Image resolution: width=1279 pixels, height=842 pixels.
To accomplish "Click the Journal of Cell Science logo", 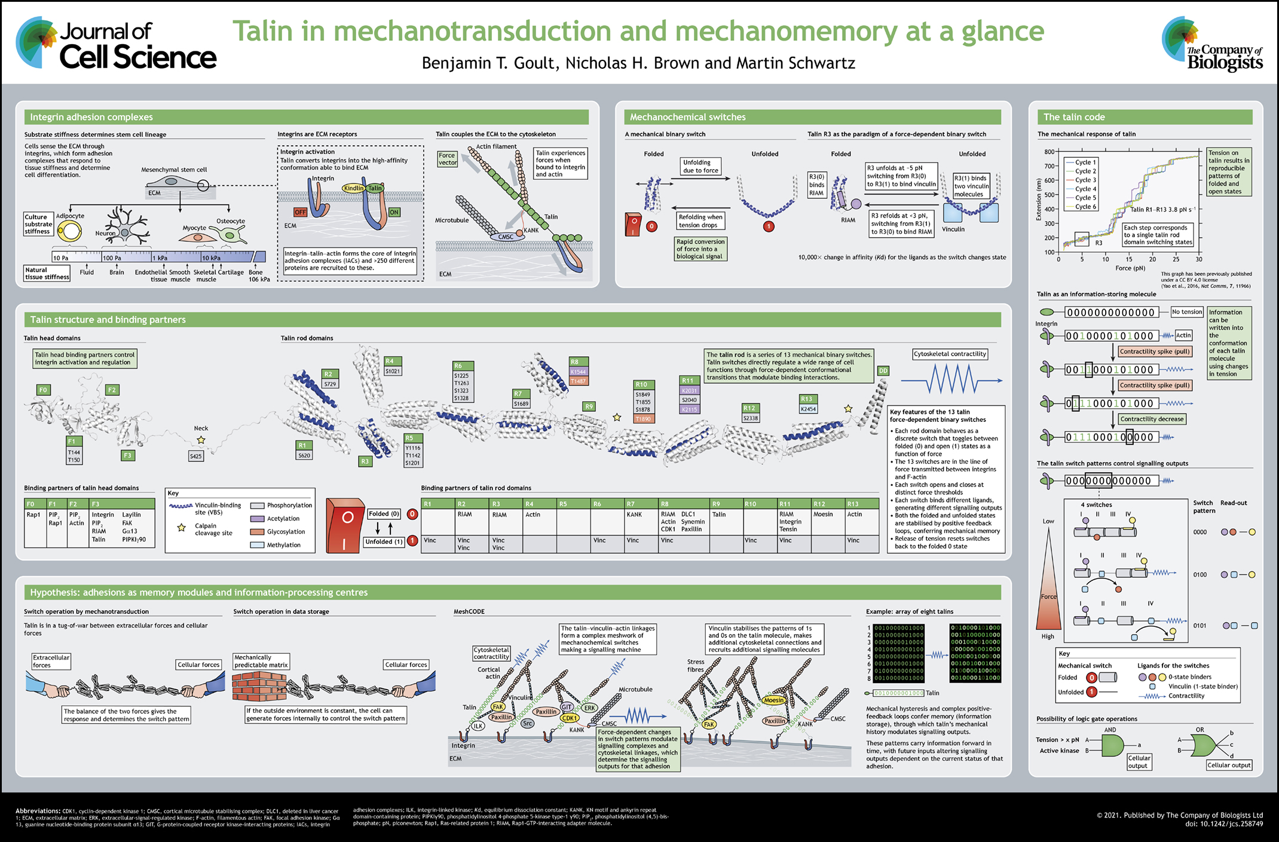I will pos(116,44).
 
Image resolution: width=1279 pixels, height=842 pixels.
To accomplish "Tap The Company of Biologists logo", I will pos(1213,44).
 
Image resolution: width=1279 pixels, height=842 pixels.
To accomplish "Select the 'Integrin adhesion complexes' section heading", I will pos(91,117).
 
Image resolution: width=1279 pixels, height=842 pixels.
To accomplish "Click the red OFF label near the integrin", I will pos(300,212).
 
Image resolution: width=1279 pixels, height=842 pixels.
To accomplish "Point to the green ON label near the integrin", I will pos(394,212).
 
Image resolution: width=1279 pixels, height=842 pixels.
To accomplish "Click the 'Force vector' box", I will pos(447,159).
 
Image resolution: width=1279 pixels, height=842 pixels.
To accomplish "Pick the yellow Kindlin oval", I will pos(353,188).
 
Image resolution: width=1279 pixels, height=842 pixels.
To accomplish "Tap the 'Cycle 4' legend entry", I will pos(1085,189).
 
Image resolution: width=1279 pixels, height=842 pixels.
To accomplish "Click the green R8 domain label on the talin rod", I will pos(574,362).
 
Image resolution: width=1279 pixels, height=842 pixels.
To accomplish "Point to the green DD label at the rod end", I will pos(883,371).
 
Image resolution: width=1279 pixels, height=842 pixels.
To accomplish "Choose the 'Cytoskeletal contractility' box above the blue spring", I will pos(950,354).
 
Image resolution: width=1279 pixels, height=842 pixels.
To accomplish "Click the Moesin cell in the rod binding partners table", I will pos(823,515).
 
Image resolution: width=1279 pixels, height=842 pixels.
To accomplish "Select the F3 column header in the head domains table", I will pos(96,504).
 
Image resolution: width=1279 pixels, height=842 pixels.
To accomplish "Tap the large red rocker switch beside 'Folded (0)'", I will pos(345,525).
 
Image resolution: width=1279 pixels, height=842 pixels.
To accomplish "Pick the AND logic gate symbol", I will pos(1111,745).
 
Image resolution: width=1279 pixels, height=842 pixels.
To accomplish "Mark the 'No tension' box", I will pos(1187,312).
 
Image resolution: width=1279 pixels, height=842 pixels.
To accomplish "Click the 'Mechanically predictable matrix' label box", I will pos(261,661).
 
